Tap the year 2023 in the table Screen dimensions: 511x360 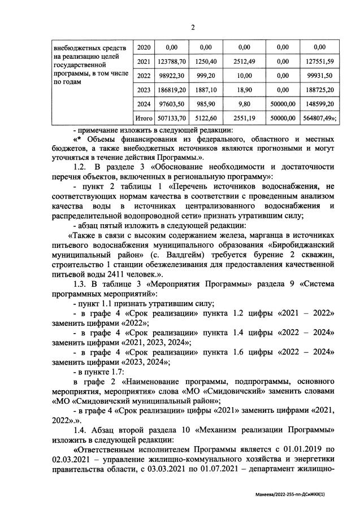point(144,89)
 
